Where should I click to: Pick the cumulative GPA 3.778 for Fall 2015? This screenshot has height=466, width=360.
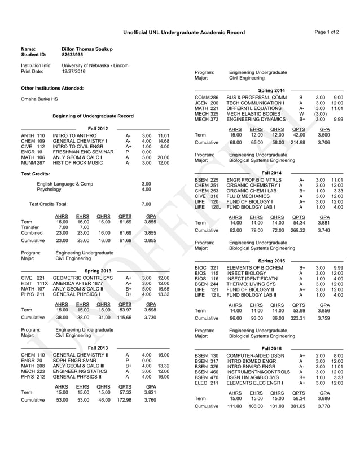pos(324,421)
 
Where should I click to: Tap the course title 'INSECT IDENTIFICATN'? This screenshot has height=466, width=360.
pos(253,279)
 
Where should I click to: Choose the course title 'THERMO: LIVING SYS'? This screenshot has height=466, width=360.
pos(252,284)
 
